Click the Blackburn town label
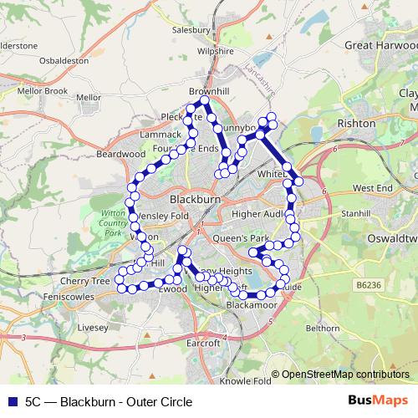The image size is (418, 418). [x=195, y=201]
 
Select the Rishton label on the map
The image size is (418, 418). [x=356, y=123]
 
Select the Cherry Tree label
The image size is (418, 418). [x=90, y=282]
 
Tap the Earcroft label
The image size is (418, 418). [x=203, y=344]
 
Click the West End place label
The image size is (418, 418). [x=373, y=189]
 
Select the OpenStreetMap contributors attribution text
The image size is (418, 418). [x=345, y=375]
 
